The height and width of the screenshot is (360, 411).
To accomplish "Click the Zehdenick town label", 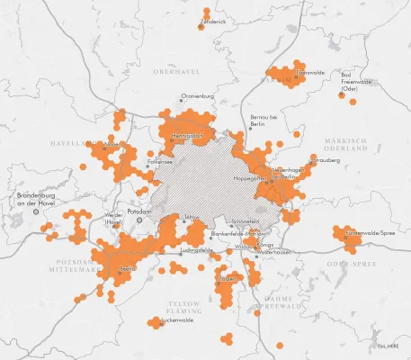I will (x=214, y=20).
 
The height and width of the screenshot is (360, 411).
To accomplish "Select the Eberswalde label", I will (x=310, y=72).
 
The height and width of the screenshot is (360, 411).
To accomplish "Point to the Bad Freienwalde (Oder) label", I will (x=355, y=81).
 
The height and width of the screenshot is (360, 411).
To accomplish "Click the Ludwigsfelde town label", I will (x=196, y=249).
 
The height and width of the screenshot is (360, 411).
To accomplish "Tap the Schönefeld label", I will (x=246, y=221).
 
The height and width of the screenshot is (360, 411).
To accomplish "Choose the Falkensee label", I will (x=160, y=162).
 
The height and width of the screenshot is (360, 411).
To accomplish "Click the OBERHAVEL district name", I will (x=174, y=70).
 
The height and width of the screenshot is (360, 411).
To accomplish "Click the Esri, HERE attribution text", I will (x=388, y=345).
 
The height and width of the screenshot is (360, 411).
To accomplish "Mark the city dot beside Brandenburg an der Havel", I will (x=37, y=212).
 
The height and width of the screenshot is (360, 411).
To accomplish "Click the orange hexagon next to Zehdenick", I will (x=201, y=25).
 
